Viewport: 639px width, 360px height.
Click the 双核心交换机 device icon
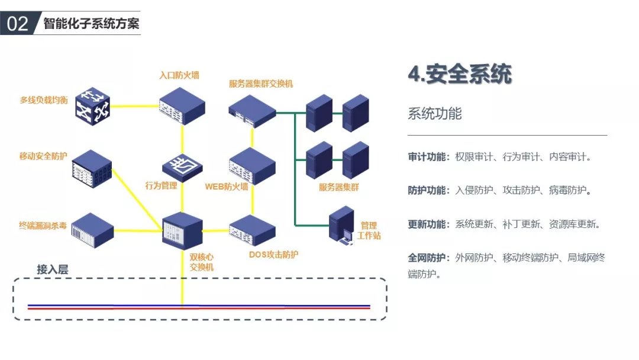(x=182, y=228)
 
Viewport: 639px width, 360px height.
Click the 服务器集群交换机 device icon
(x=253, y=110)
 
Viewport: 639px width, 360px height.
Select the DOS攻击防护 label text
(x=273, y=255)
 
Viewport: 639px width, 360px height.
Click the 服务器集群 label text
(x=338, y=187)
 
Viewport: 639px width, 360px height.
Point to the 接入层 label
(x=53, y=269)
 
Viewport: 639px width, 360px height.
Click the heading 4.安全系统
(x=459, y=75)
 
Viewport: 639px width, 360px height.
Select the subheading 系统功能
(x=434, y=114)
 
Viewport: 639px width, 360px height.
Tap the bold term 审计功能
(x=428, y=157)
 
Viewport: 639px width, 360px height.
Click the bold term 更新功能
(x=428, y=224)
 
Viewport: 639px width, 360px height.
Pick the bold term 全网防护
(x=428, y=258)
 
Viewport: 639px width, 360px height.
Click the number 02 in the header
(x=17, y=23)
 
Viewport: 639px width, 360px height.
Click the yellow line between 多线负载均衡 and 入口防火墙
(x=135, y=106)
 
